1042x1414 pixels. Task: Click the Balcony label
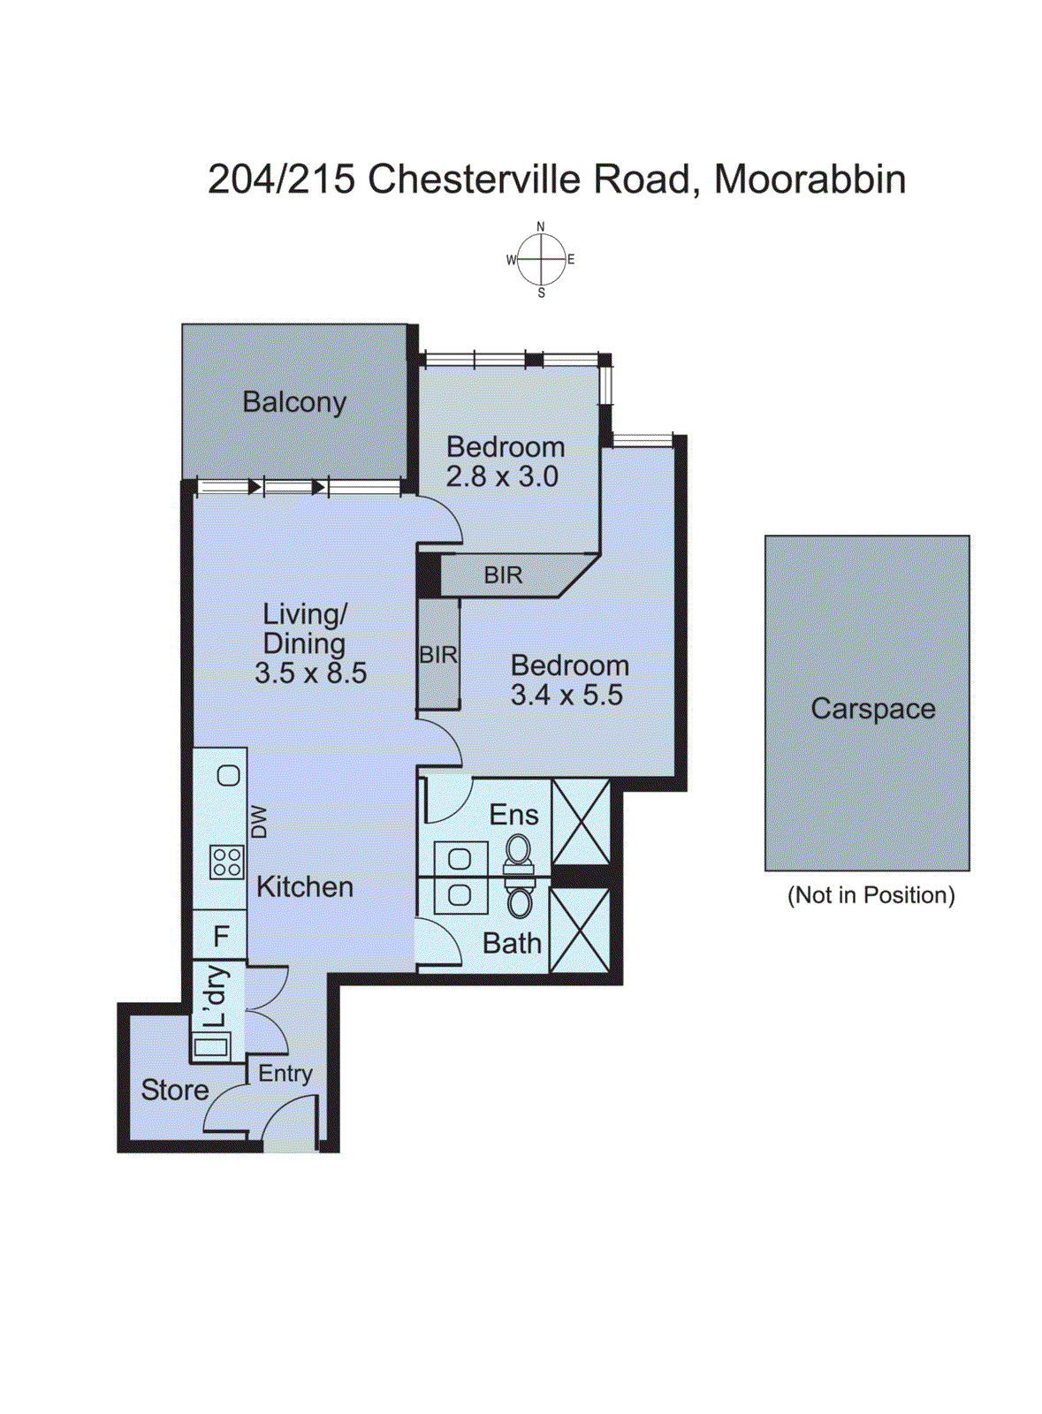click(294, 403)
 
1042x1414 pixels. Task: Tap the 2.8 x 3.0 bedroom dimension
click(502, 476)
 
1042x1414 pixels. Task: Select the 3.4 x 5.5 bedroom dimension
click(567, 695)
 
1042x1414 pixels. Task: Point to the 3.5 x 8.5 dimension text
click(310, 673)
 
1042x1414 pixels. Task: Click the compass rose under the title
click(541, 260)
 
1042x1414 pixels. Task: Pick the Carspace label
click(873, 709)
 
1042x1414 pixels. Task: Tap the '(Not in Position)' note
click(871, 895)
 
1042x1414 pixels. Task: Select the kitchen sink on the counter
click(229, 775)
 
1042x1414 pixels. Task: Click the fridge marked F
click(220, 936)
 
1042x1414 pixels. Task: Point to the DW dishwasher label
click(259, 822)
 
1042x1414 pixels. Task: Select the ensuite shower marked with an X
click(581, 821)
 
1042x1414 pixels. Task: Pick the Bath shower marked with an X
click(580, 931)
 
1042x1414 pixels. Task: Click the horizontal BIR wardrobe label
click(503, 575)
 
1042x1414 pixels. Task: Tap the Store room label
click(175, 1091)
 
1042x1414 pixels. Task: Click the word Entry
click(285, 1074)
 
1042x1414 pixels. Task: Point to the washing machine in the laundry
click(211, 1047)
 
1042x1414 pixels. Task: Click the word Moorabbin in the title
click(810, 179)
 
